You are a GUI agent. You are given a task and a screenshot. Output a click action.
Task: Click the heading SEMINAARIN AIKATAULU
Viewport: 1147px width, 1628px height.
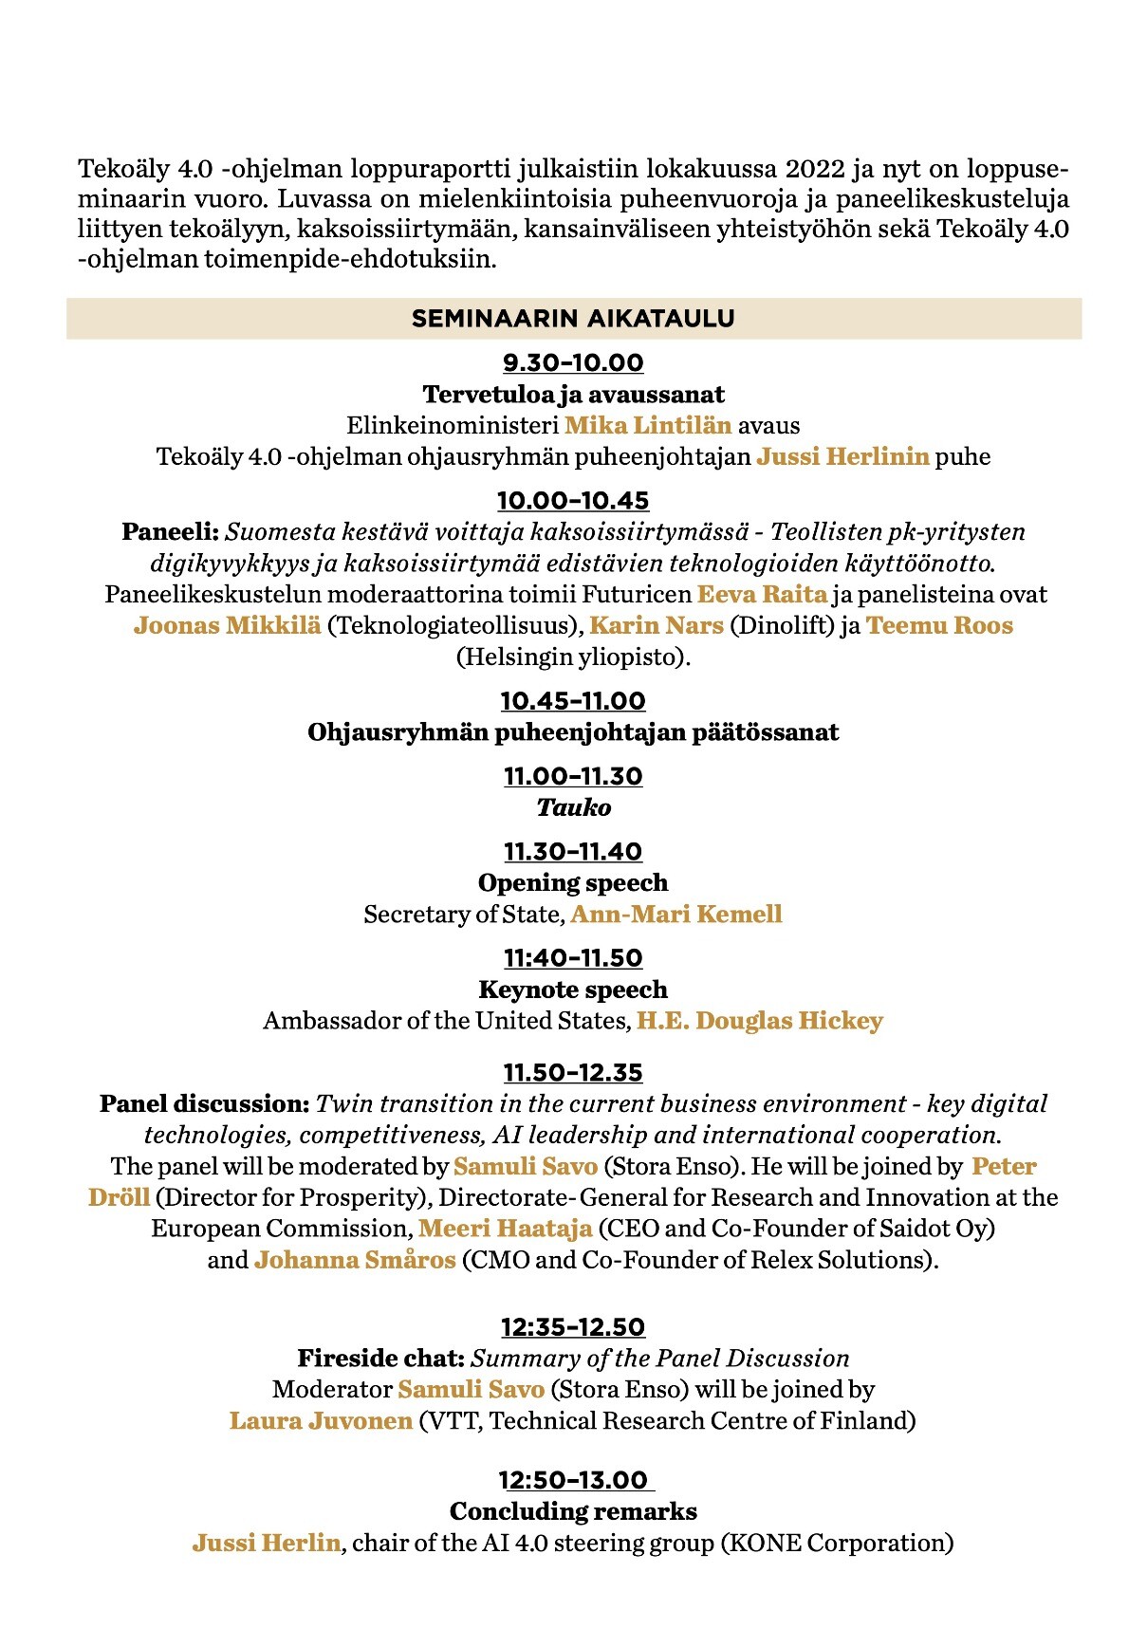point(573,319)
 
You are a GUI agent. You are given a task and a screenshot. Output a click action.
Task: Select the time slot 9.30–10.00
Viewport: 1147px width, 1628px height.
point(573,363)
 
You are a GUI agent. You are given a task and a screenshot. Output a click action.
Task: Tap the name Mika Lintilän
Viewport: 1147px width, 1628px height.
point(648,425)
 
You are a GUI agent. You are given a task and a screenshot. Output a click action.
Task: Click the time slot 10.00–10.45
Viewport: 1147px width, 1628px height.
point(573,501)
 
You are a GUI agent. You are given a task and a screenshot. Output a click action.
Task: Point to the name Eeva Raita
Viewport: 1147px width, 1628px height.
point(762,595)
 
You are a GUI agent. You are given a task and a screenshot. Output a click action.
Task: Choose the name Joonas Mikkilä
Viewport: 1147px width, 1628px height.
point(228,626)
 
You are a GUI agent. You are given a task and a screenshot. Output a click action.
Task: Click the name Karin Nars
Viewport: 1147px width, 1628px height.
point(657,626)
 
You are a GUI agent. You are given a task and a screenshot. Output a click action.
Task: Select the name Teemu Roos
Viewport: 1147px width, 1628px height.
point(939,626)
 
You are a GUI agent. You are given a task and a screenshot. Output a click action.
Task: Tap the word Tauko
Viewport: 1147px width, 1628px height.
point(573,808)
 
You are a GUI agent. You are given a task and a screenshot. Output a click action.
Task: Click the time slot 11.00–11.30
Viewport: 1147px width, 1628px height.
point(573,777)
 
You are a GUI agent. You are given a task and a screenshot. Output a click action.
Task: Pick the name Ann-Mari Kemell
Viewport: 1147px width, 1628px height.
point(676,915)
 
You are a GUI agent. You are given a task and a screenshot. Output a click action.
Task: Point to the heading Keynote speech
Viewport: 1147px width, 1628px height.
point(573,990)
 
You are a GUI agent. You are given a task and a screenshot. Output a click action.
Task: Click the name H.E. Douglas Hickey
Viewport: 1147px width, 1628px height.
point(760,1022)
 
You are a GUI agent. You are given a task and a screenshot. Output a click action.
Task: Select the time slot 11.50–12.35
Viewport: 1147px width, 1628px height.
point(573,1073)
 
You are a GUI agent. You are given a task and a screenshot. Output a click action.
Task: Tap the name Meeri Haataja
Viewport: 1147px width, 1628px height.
point(506,1230)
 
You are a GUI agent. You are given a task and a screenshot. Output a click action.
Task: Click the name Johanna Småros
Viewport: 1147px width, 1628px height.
point(355,1261)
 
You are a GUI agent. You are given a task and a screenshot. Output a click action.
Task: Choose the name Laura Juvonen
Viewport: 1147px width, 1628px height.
point(321,1421)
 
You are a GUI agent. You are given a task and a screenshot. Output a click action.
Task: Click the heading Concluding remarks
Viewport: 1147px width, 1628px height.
point(573,1512)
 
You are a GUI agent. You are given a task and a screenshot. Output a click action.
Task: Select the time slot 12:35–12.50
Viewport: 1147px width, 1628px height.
point(573,1327)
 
